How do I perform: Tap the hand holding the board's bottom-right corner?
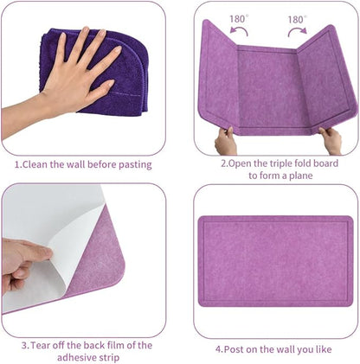point(331,138)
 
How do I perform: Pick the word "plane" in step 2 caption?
point(298,175)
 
